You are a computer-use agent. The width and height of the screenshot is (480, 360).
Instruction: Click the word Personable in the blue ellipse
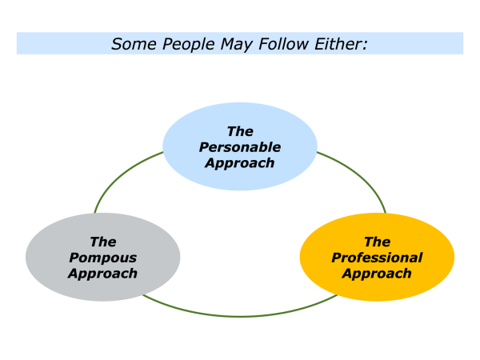(240, 147)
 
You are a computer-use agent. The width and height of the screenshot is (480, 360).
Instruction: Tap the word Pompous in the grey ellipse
(102, 258)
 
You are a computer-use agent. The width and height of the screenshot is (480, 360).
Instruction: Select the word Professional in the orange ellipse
(377, 258)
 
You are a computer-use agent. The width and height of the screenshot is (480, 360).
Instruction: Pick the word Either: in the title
(342, 44)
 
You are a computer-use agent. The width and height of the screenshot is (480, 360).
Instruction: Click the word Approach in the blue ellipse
(240, 162)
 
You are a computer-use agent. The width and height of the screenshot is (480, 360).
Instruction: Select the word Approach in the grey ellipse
(102, 273)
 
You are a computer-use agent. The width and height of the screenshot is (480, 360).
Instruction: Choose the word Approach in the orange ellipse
(377, 273)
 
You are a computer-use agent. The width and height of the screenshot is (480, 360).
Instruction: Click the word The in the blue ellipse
(240, 131)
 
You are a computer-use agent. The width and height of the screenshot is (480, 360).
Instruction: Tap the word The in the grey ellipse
(102, 242)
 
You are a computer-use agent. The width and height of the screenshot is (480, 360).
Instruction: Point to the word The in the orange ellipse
(377, 242)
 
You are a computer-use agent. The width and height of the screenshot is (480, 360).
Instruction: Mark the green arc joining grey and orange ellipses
(240, 315)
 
